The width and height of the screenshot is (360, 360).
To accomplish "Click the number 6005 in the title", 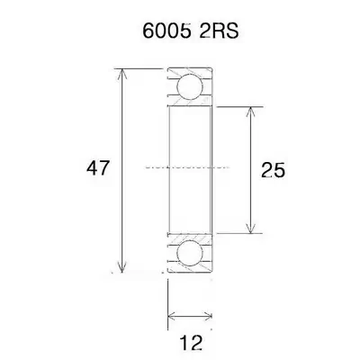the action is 166,31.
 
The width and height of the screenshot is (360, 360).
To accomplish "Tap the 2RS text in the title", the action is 219,31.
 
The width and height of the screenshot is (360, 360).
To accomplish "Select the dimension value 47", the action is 97,168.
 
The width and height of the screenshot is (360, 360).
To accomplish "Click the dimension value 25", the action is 273,170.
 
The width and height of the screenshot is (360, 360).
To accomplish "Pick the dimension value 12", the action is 191,343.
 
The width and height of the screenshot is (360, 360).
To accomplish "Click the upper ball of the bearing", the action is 190,86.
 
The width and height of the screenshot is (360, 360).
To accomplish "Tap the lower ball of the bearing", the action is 190,253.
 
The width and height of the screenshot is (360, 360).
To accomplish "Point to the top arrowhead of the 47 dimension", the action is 121,74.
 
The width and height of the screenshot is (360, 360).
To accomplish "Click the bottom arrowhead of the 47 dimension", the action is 121,267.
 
